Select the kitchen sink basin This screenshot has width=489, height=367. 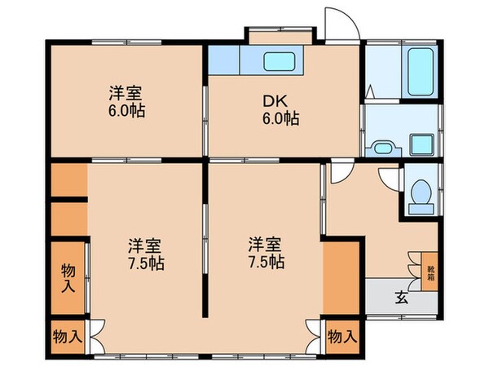pyautogui.click(x=280, y=60)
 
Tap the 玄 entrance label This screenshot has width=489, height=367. pyautogui.click(x=401, y=296)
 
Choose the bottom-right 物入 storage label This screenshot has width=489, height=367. pyautogui.click(x=342, y=335)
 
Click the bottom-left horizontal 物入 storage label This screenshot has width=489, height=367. pyautogui.click(x=68, y=335)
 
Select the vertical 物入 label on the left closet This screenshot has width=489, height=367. pyautogui.click(x=68, y=277)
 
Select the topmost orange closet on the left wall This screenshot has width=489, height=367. pyautogui.click(x=68, y=179)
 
